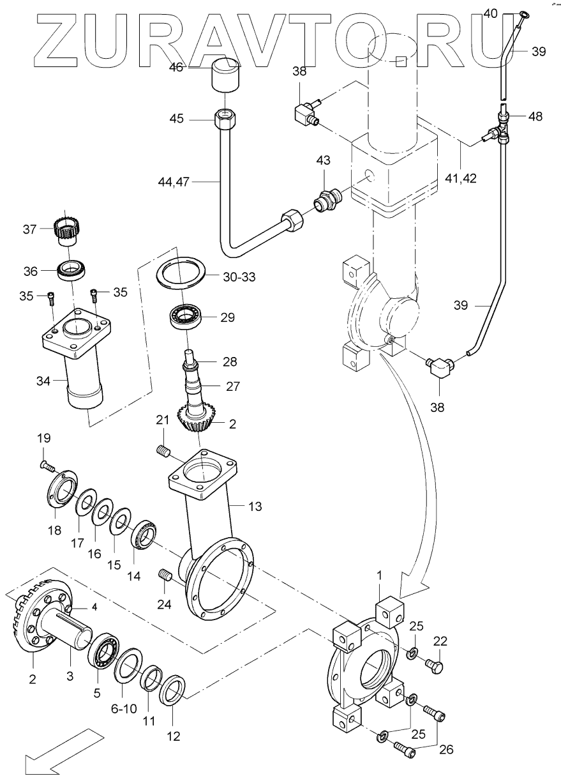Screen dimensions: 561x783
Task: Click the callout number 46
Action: [176, 67]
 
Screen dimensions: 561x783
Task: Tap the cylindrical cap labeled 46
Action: [225, 75]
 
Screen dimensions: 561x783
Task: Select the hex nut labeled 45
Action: [225, 119]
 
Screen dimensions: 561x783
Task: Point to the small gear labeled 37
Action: [66, 231]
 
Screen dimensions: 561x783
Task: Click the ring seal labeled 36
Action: [72, 270]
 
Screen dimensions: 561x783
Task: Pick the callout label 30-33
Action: [239, 277]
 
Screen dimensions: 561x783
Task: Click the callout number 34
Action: [43, 381]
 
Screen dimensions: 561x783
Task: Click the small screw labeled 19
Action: [47, 465]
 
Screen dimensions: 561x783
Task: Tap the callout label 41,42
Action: [461, 178]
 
